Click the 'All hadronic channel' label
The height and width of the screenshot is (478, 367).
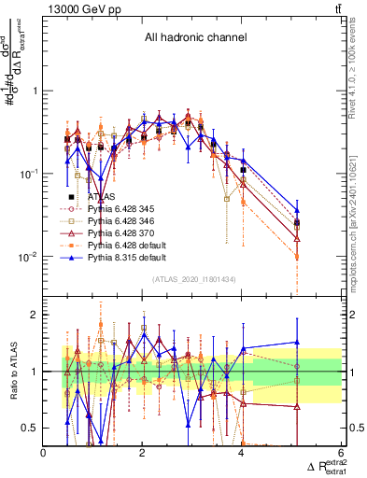pyautogui.click(x=194, y=38)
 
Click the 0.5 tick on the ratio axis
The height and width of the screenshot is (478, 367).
pyautogui.click(x=31, y=428)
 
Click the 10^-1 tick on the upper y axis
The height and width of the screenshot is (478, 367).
pyautogui.click(x=27, y=175)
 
